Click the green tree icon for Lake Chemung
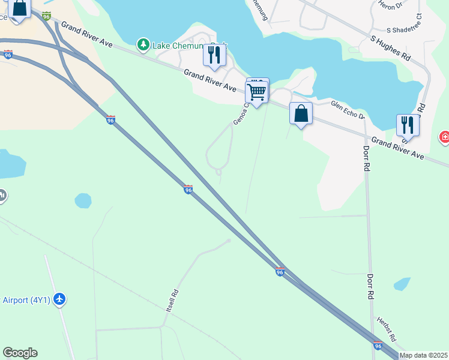pyautogui.click(x=143, y=44)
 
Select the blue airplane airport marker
pyautogui.click(x=59, y=298)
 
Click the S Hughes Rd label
pyautogui.click(x=390, y=49)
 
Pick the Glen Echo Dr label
pyautogui.click(x=348, y=110)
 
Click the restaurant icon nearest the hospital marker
pyautogui.click(x=408, y=125)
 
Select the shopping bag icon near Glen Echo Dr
pyautogui.click(x=301, y=113)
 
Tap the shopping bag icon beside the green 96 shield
pyautogui.click(x=19, y=8)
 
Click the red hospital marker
pyautogui.click(x=445, y=137)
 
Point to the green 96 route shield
pyautogui.click(x=47, y=16)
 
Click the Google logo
pyautogui.click(x=20, y=353)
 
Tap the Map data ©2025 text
pyautogui.click(x=424, y=355)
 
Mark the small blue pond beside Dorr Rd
pyautogui.click(x=402, y=283)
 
